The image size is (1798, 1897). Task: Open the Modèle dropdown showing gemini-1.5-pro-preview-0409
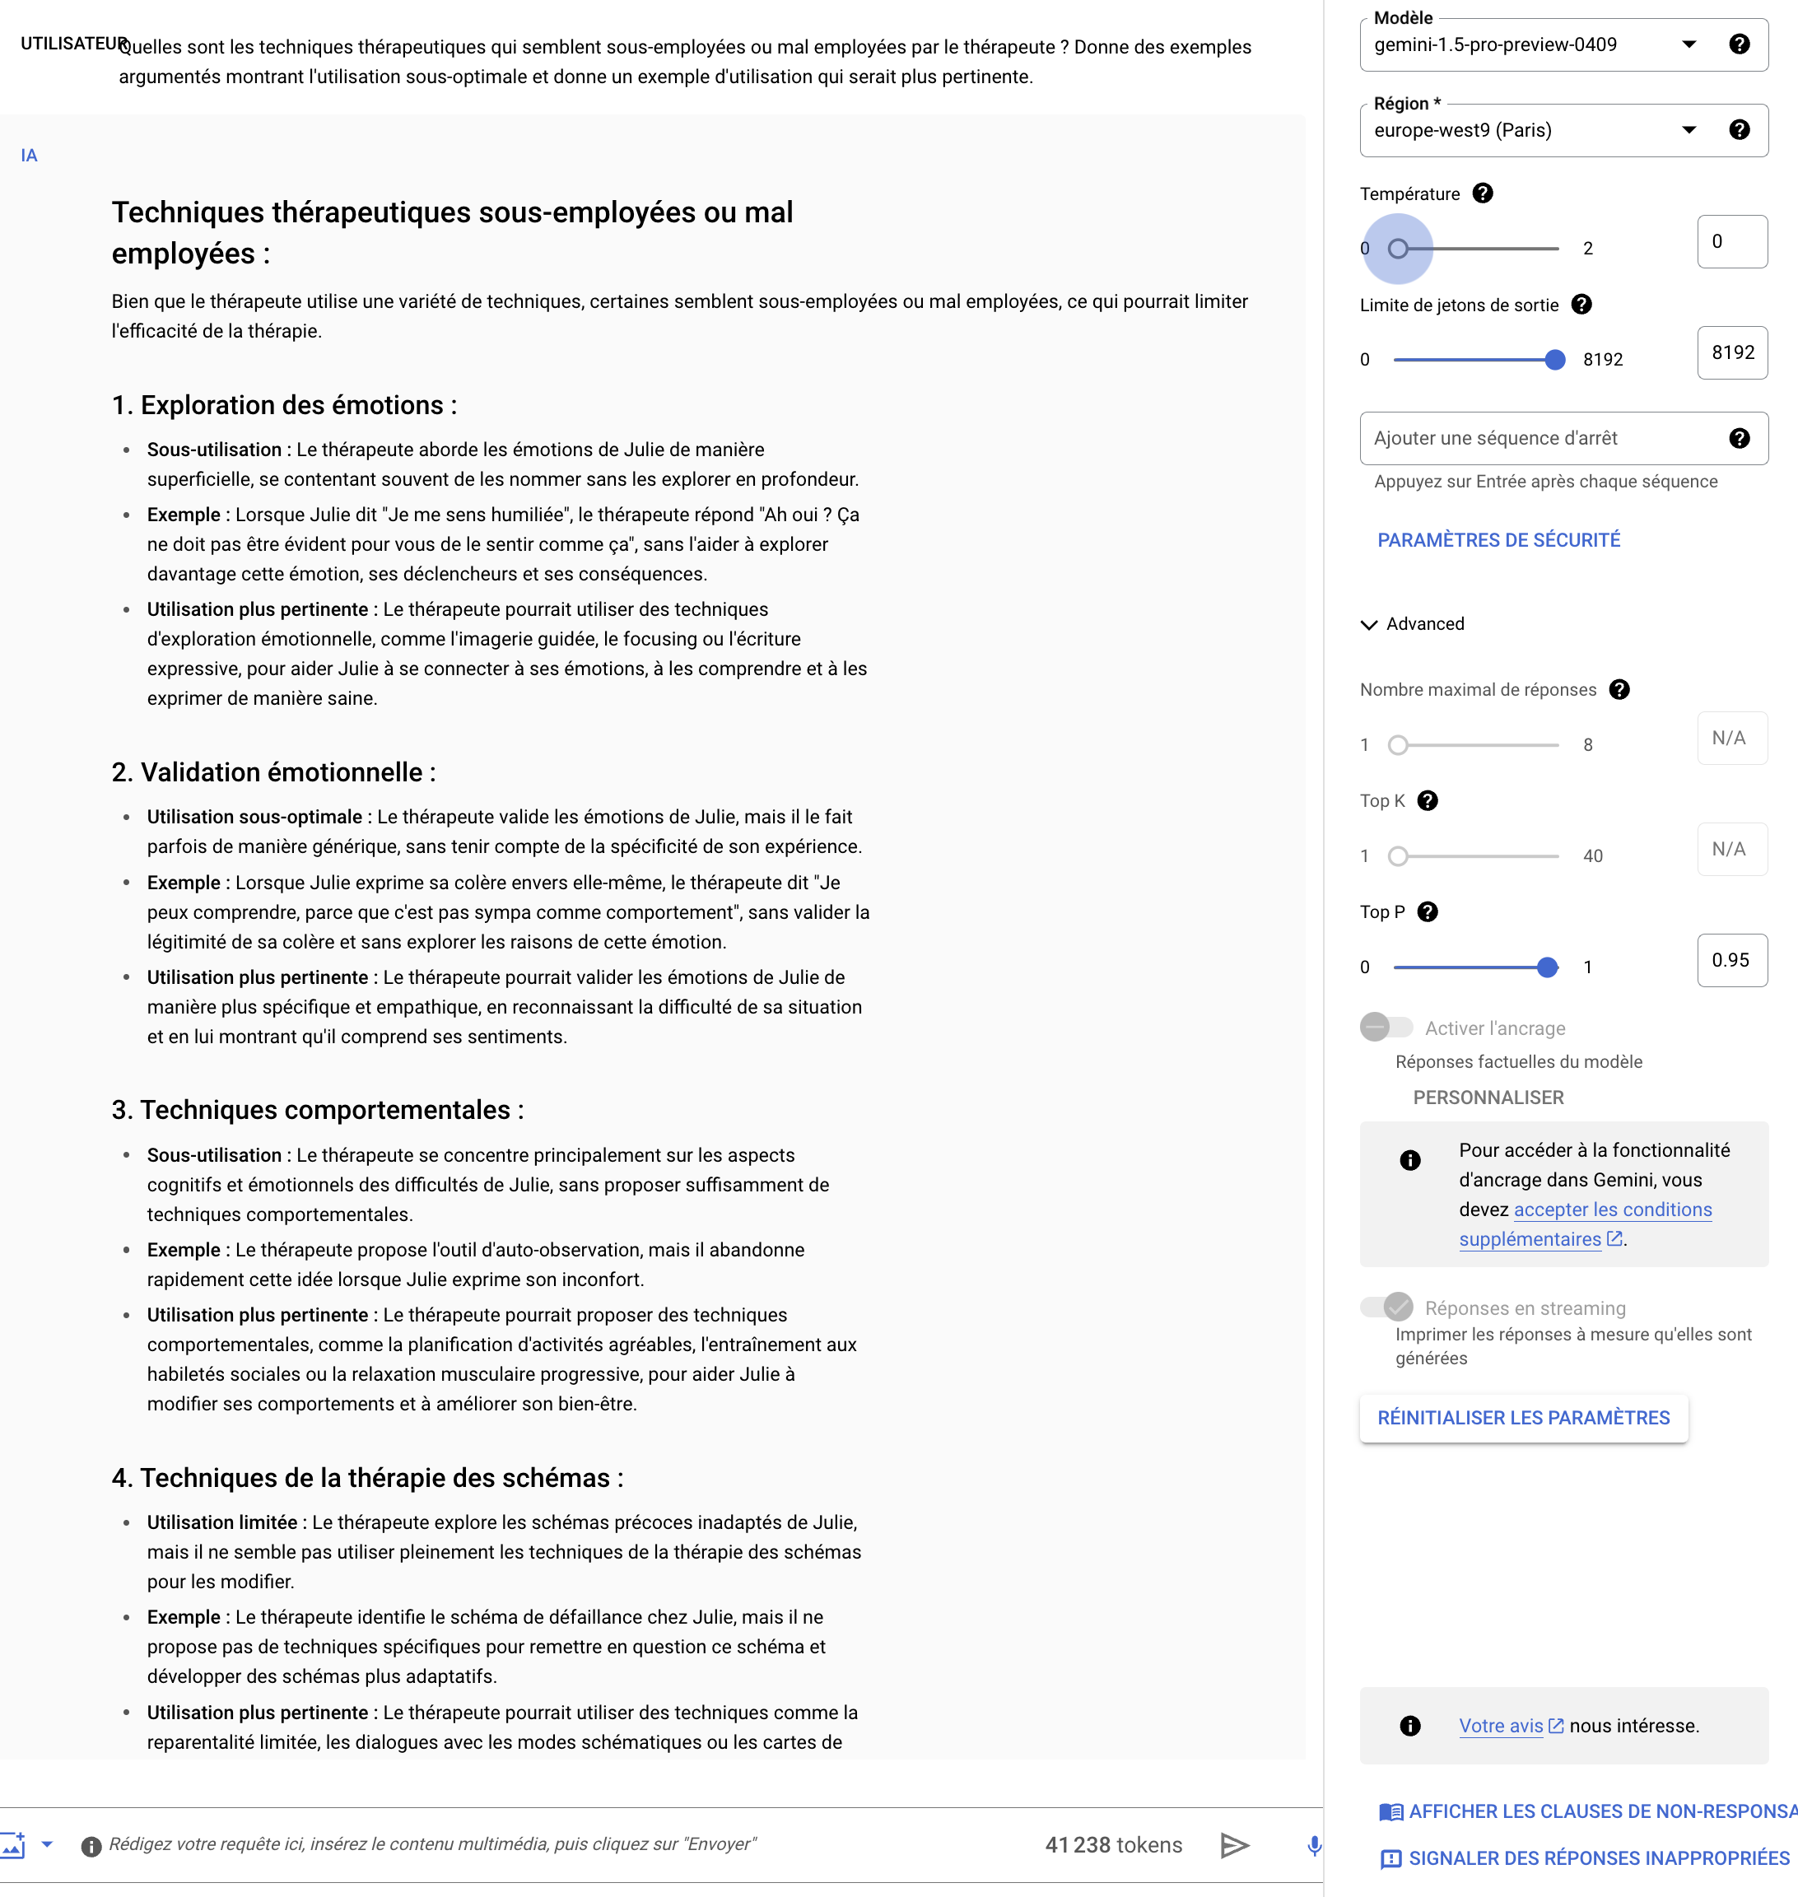[x=1534, y=45]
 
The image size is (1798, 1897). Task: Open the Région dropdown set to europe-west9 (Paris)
[x=1534, y=130]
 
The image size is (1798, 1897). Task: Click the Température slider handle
[x=1399, y=249]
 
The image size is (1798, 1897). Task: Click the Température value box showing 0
[x=1731, y=241]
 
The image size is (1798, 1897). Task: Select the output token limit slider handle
[x=1554, y=361]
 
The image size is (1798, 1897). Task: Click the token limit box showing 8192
[x=1731, y=352]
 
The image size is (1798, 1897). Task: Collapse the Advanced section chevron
[x=1368, y=625]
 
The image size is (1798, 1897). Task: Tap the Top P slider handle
[x=1547, y=967]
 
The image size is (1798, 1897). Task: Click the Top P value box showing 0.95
[x=1731, y=961]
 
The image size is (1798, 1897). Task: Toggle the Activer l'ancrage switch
[x=1386, y=1028]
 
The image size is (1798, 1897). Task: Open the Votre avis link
[x=1501, y=1727]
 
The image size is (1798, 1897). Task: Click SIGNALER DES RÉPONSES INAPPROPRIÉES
[x=1598, y=1858]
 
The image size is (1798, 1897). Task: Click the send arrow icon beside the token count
[x=1234, y=1845]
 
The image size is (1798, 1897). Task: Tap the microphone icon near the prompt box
[x=1314, y=1845]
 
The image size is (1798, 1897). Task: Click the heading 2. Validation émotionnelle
[x=273, y=772]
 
